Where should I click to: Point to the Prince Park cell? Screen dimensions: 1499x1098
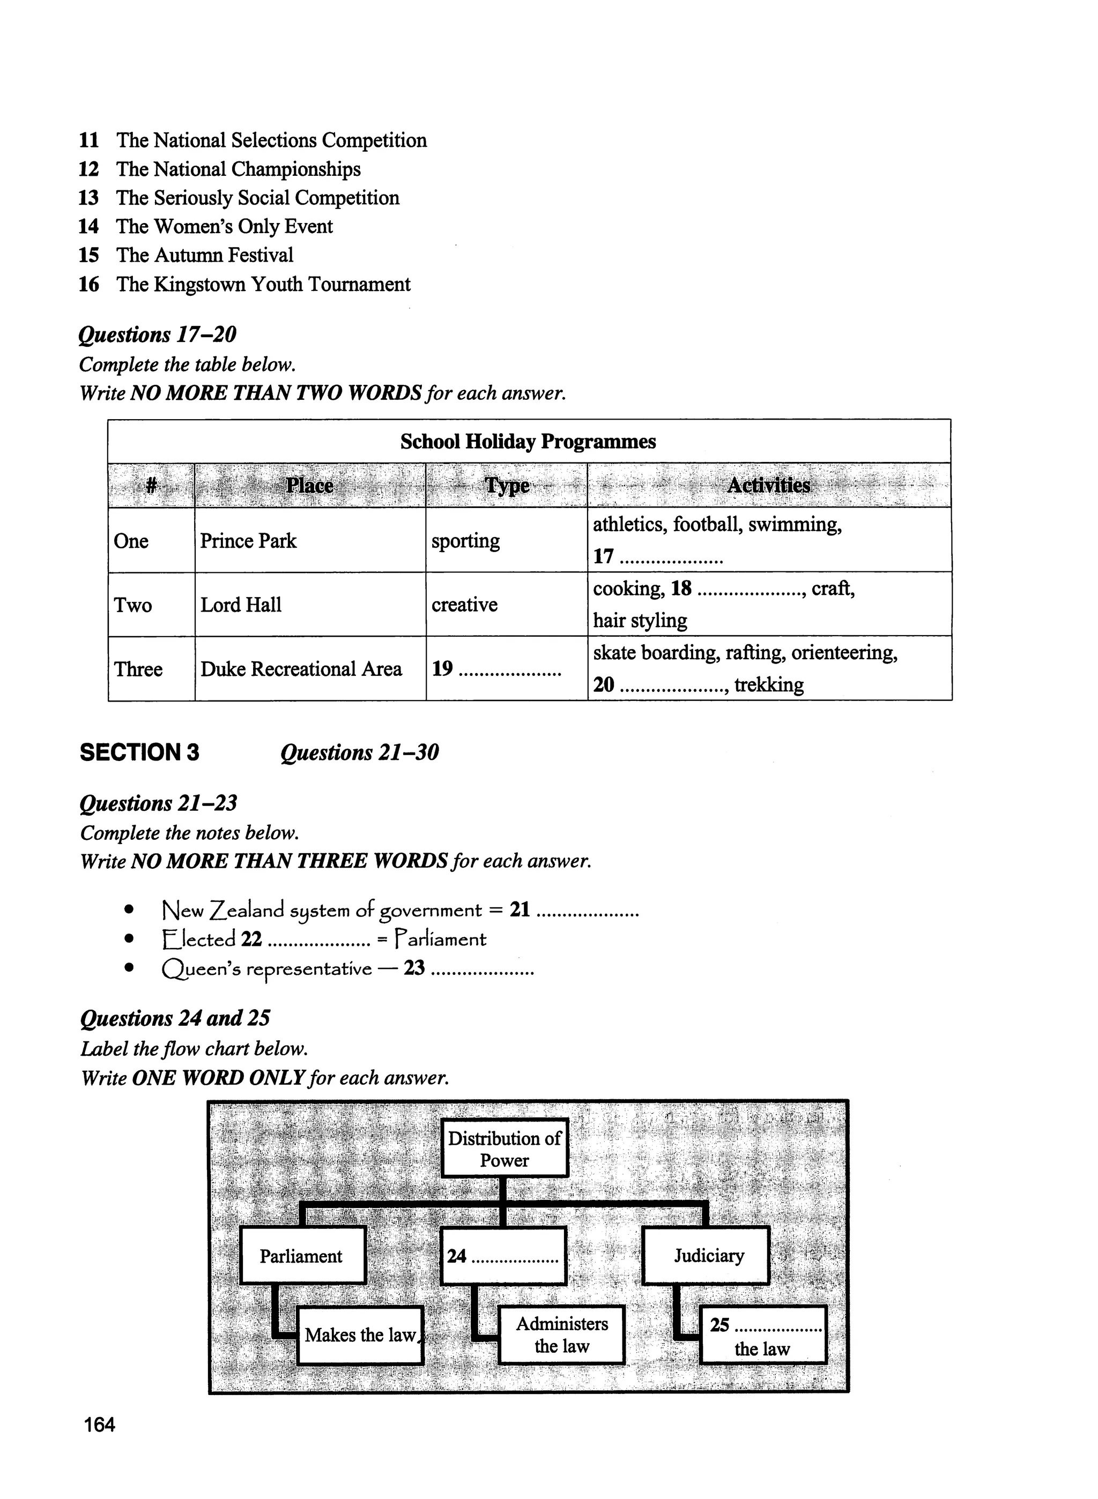(249, 541)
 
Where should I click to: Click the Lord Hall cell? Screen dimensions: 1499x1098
(241, 605)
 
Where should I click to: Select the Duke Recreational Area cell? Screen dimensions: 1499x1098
(301, 669)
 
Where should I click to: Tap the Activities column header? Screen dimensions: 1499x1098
(768, 486)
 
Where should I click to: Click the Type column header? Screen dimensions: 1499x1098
(507, 486)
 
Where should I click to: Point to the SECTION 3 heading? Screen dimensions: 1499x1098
(139, 752)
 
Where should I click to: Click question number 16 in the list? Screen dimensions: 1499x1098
(88, 285)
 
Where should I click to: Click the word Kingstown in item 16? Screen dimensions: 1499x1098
(199, 285)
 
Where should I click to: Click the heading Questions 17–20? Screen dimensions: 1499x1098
(158, 334)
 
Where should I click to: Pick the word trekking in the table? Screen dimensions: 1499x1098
(769, 685)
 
